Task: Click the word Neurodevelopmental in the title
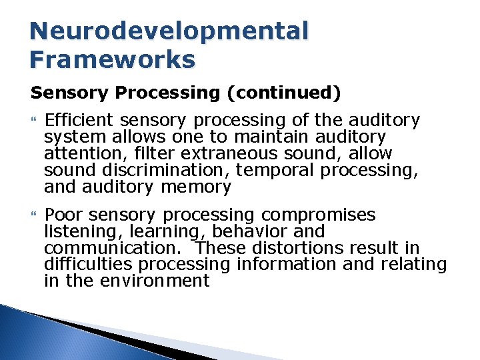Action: coord(169,31)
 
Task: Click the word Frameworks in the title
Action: coord(112,59)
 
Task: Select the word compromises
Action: coord(318,215)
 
